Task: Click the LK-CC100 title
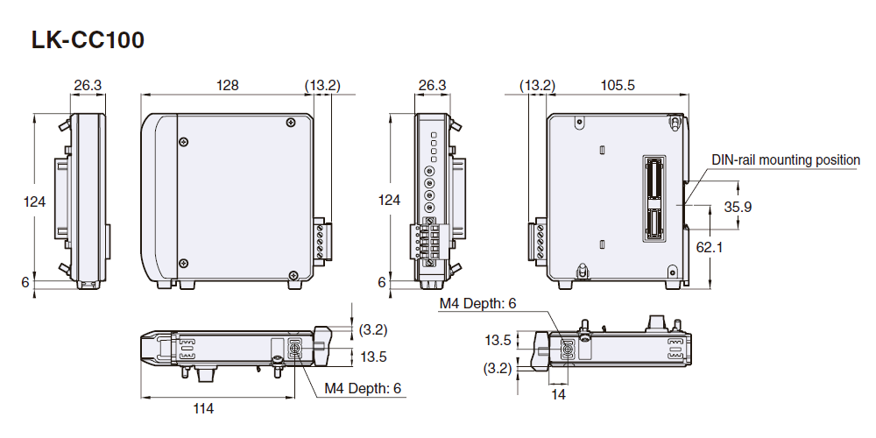(88, 40)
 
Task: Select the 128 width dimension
(228, 85)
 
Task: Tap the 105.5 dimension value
(618, 85)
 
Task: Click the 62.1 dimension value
(710, 248)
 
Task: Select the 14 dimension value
(559, 395)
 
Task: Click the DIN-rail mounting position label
(786, 160)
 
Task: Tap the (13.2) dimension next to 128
(322, 85)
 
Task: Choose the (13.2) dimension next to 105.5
(537, 85)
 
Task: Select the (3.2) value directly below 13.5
(498, 369)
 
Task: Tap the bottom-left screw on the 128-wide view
(183, 260)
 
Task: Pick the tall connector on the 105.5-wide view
(654, 199)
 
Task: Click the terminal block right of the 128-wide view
(321, 241)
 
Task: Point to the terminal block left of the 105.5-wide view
(537, 241)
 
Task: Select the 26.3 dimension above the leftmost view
(88, 85)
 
